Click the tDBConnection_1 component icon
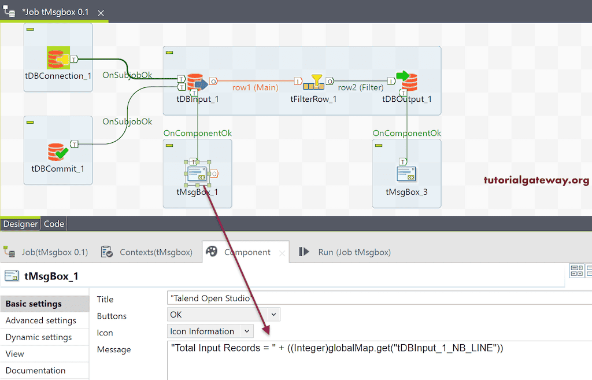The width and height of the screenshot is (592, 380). point(58,58)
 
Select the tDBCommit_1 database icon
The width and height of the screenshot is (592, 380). point(58,152)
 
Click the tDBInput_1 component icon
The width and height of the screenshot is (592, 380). point(197,83)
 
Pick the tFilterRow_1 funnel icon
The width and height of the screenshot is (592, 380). point(314,83)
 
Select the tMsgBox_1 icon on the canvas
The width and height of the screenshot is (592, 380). point(197,174)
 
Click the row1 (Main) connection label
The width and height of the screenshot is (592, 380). point(255,88)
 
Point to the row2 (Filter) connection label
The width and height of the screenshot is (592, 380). point(361,88)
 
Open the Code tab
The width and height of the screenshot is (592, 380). point(54,224)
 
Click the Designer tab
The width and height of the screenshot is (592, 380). point(21,224)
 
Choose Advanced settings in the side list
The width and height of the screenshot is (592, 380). point(40,320)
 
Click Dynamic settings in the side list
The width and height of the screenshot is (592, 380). point(39,337)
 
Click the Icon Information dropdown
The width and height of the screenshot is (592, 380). point(210,331)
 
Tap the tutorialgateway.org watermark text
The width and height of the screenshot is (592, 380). point(536,180)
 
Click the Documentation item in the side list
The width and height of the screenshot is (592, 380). point(35,371)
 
